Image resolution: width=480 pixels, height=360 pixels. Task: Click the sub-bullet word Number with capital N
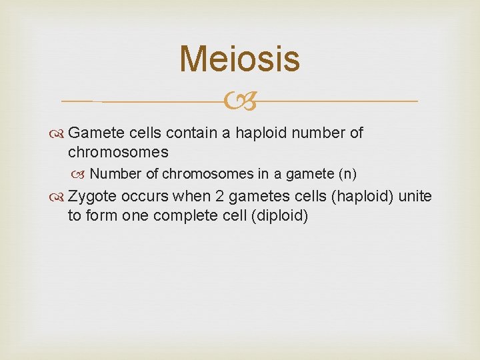pos(116,174)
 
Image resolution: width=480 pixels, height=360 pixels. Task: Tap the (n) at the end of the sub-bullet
pos(348,174)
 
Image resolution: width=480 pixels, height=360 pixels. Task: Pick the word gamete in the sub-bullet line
pos(310,174)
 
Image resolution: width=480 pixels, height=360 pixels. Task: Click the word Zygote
pos(93,197)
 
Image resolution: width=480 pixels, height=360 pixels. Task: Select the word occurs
pos(145,197)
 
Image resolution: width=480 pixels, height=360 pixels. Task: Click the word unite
pos(415,197)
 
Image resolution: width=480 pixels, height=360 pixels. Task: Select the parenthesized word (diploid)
pos(279,216)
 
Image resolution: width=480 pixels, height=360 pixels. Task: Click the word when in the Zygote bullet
pos(191,197)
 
